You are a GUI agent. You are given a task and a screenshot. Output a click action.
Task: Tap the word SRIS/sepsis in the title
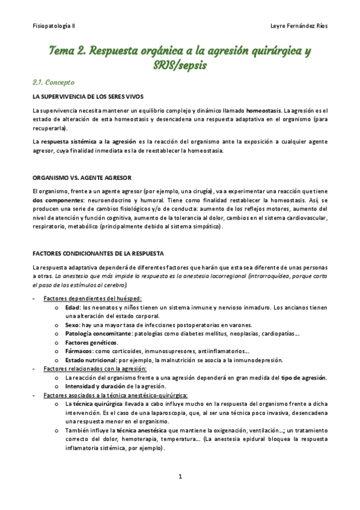pyautogui.click(x=180, y=65)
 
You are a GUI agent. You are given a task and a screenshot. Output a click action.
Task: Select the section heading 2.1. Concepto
pyautogui.click(x=54, y=82)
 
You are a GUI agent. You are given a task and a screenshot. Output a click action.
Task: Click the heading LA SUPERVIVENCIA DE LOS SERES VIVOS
pyautogui.click(x=88, y=97)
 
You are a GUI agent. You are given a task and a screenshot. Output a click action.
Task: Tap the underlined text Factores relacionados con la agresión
pyautogui.click(x=96, y=369)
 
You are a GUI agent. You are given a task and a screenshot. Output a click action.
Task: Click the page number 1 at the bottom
pyautogui.click(x=180, y=476)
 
